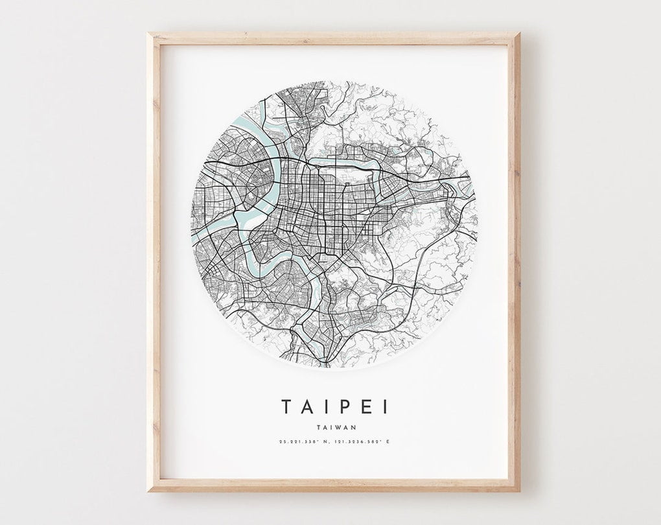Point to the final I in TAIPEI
385,406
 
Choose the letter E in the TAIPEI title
364,406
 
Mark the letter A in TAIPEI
305,406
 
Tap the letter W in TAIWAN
338,426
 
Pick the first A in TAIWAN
325,426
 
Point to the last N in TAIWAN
352,426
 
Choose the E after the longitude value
388,442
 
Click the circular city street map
334,224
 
